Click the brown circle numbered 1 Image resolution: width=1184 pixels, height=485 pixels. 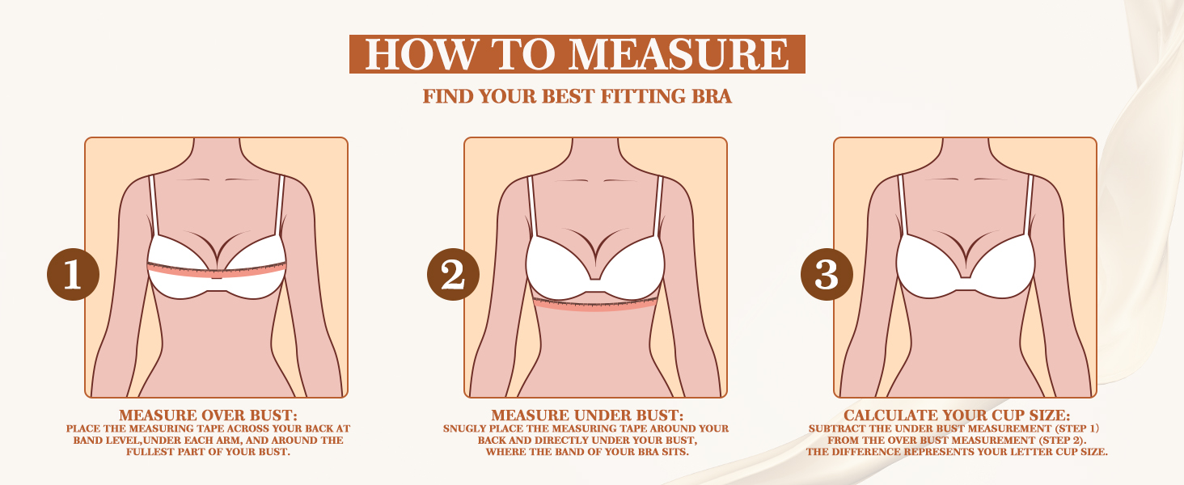coord(73,275)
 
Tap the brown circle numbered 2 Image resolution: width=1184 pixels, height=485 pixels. coord(452,275)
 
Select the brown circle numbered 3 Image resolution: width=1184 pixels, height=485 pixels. coord(827,275)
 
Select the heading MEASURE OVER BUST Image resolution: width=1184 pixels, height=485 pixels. coord(209,415)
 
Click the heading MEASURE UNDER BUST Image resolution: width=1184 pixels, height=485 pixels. coord(587,415)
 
